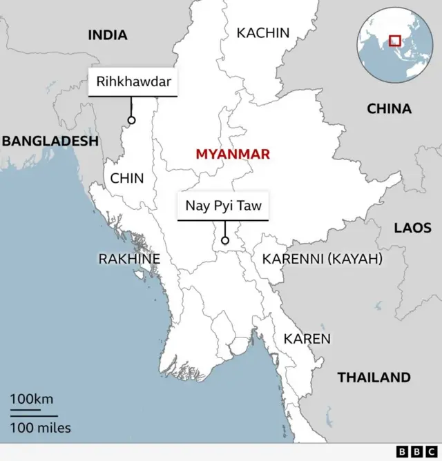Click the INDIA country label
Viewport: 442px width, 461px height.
(x=107, y=35)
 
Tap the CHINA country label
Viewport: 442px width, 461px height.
(x=389, y=108)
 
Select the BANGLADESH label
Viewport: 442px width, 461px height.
(x=50, y=141)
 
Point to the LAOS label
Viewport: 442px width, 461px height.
(x=412, y=228)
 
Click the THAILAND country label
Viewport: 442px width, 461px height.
(x=374, y=377)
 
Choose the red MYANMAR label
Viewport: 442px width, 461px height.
(x=233, y=154)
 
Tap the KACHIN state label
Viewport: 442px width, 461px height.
(x=263, y=32)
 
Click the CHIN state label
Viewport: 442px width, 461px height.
(x=127, y=178)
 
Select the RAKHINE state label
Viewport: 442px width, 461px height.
(x=129, y=259)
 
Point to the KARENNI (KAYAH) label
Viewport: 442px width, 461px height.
(x=322, y=259)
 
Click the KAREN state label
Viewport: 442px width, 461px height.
(x=307, y=339)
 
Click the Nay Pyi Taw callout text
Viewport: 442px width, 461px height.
(x=222, y=205)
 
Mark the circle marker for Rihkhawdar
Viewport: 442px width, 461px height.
(x=131, y=120)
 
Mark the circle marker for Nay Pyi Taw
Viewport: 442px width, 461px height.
(x=224, y=241)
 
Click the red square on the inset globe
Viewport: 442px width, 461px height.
(x=395, y=40)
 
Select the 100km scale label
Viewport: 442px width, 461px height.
(x=31, y=399)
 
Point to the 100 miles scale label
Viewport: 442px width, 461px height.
(x=40, y=428)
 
